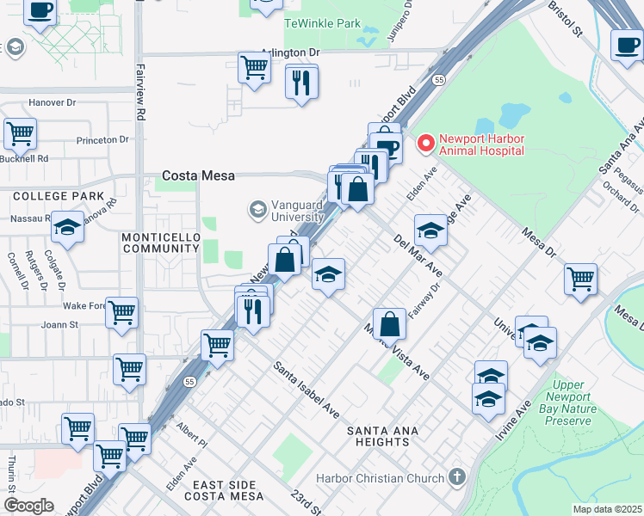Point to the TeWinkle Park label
[322, 23]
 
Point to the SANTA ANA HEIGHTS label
[378, 436]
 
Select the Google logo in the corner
[29, 506]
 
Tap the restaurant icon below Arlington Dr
[301, 83]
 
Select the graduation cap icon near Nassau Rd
[67, 227]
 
